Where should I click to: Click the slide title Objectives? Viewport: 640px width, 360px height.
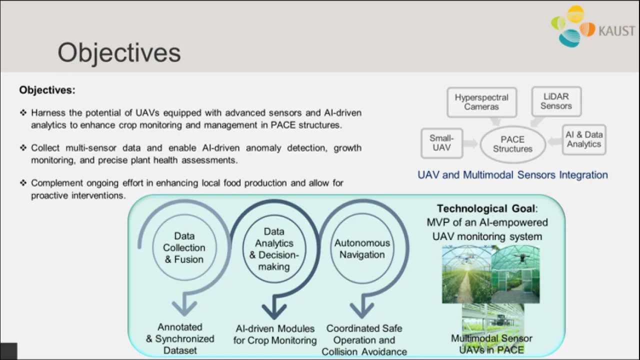click(x=119, y=52)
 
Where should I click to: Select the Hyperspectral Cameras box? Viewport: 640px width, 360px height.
click(x=481, y=102)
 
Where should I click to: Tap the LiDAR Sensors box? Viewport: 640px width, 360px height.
click(x=556, y=101)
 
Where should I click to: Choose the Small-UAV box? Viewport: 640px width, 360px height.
click(x=441, y=143)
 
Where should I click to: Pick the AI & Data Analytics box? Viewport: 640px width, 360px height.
click(x=584, y=139)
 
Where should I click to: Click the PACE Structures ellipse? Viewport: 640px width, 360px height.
click(x=512, y=144)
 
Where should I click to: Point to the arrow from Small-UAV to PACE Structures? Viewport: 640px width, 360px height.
click(x=471, y=144)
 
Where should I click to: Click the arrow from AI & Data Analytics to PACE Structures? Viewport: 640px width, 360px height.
click(x=554, y=142)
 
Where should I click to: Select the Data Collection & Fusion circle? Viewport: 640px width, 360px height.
click(x=184, y=248)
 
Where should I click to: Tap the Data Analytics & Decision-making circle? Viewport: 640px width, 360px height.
click(x=274, y=249)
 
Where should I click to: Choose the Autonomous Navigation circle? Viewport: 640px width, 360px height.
click(x=362, y=249)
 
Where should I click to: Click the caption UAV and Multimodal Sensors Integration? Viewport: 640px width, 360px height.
click(x=512, y=175)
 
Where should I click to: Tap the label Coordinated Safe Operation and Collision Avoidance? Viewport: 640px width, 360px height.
click(x=364, y=340)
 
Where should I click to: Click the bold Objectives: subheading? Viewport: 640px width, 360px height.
click(x=47, y=90)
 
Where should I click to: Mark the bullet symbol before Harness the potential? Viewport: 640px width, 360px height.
click(x=23, y=112)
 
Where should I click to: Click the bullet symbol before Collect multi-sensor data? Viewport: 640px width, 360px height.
click(x=23, y=148)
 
